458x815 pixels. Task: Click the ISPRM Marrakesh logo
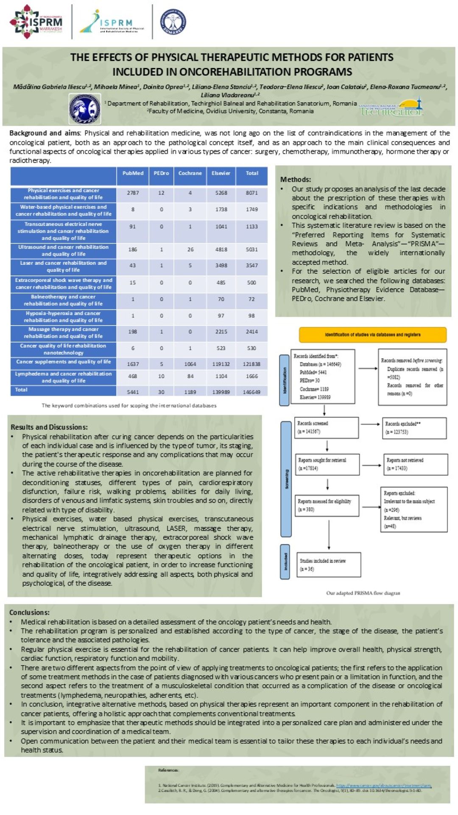pos(36,21)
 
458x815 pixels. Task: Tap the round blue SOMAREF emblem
pos(173,21)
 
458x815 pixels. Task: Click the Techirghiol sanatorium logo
pos(391,108)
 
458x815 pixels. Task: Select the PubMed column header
pos(133,174)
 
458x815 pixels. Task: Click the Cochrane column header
pos(190,174)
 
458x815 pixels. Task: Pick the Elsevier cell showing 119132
pos(221,364)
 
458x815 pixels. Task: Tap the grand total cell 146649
pos(251,392)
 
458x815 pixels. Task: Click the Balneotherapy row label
pos(63,300)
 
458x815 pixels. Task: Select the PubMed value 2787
pos(133,193)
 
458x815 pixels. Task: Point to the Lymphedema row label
pos(63,377)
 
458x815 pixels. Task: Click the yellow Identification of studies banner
pos(373,335)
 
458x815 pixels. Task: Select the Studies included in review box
pos(329,565)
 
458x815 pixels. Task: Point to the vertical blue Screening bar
pos(286,479)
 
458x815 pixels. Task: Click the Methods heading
pos(296,180)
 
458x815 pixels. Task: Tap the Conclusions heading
pos(29,613)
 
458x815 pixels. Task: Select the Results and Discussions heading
pos(49,427)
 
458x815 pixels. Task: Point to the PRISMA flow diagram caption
pos(363,593)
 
